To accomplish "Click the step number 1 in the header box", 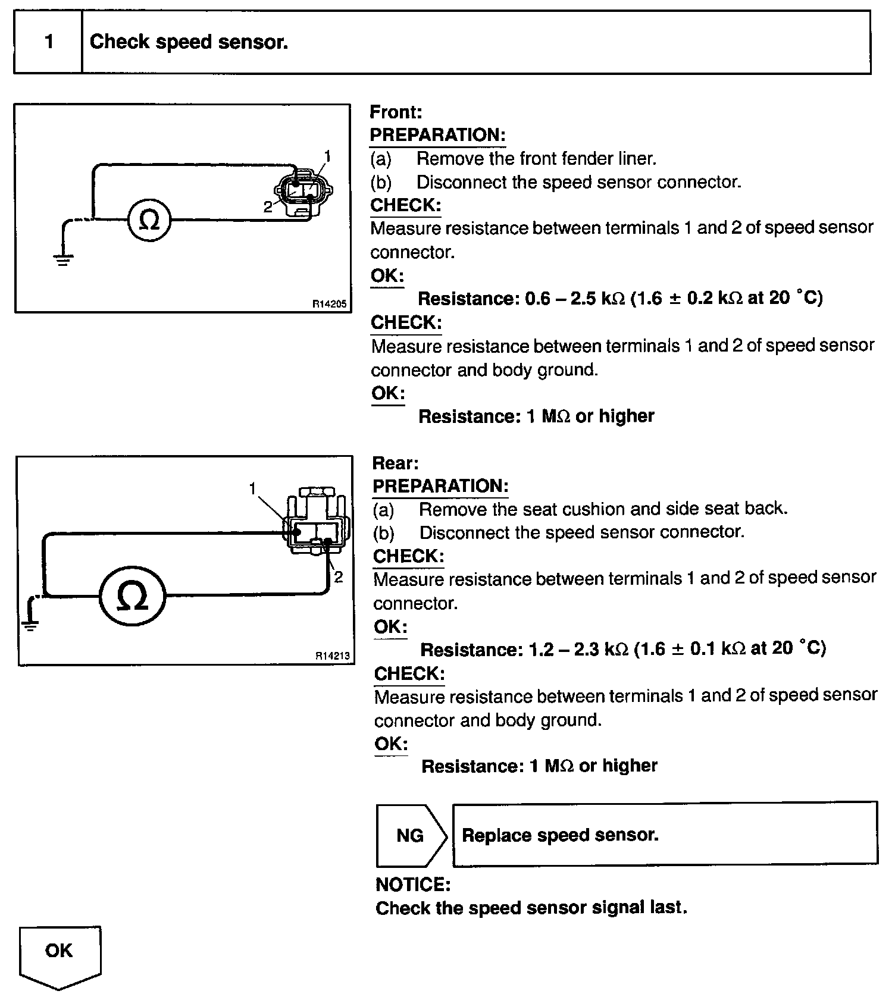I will click(49, 42).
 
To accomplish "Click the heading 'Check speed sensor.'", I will click(189, 42).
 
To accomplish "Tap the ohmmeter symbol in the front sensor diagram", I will click(149, 221).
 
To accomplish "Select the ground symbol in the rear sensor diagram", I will click(30, 623).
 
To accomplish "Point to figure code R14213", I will click(333, 656).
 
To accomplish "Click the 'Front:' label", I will click(396, 112).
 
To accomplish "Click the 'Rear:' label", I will click(396, 463).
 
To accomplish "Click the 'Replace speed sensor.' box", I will click(664, 835).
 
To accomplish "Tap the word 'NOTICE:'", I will click(413, 885).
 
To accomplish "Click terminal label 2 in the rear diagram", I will click(339, 577).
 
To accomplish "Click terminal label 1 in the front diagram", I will click(327, 156).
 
